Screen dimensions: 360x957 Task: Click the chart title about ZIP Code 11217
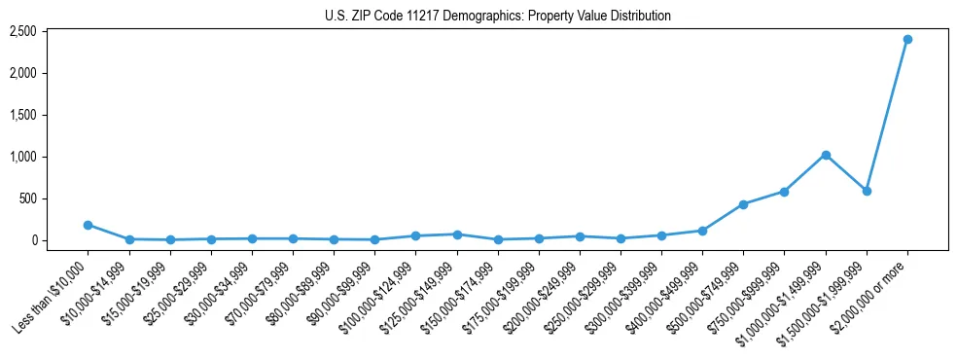pos(497,16)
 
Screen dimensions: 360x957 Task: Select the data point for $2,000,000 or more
pos(907,39)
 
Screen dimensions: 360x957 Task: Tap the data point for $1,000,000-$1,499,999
pos(826,155)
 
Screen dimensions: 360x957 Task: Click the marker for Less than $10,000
pos(88,225)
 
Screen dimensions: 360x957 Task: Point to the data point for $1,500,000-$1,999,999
pos(867,191)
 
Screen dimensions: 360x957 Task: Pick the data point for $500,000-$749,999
pos(743,204)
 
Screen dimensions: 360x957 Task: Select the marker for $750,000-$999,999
pos(784,192)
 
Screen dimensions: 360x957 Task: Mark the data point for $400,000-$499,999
pos(702,231)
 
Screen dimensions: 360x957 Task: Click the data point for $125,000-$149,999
pos(456,234)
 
